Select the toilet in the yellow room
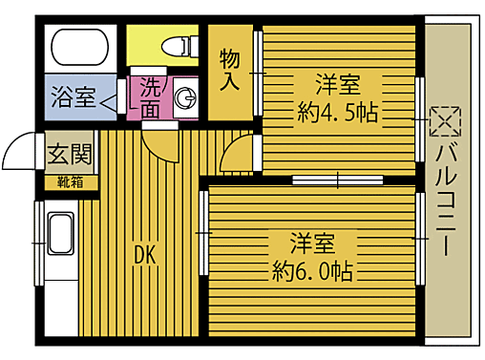tap(178, 44)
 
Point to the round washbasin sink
tap(187, 97)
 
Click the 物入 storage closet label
tap(230, 69)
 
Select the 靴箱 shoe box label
tap(70, 180)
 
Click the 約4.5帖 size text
tap(338, 112)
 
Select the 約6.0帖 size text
tap(312, 269)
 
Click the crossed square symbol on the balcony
tap(445, 121)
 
